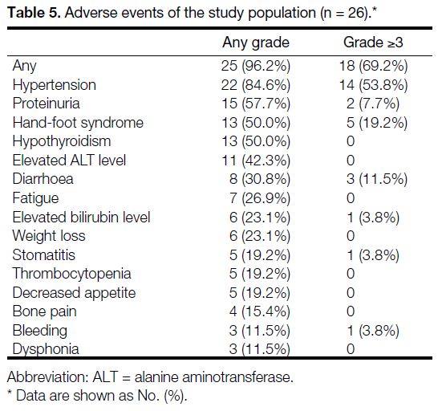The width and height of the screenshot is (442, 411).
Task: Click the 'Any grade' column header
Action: (256, 43)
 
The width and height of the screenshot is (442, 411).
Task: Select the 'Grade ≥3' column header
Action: (373, 43)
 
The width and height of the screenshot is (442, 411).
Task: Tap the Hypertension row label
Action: (54, 85)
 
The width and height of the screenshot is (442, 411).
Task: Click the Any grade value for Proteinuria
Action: (256, 104)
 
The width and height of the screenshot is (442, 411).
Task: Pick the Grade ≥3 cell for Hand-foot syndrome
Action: (377, 123)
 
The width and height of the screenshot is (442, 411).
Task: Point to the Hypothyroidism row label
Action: (62, 141)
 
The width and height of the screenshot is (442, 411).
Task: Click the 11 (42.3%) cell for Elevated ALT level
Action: (256, 161)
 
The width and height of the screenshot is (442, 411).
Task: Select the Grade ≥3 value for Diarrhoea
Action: (377, 179)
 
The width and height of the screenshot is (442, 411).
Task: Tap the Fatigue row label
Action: (35, 198)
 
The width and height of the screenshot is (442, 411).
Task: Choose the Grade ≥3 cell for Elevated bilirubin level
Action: (373, 218)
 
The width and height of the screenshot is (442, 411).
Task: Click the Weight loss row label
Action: (49, 236)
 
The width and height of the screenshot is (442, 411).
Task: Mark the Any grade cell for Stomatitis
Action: (260, 255)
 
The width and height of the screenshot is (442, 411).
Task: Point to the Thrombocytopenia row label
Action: (71, 274)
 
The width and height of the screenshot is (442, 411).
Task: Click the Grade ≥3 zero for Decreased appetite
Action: (351, 292)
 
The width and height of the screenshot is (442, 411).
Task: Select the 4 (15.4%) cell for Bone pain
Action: (260, 311)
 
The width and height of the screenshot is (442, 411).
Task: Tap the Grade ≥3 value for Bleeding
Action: (373, 330)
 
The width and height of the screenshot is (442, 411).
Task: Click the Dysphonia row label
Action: (46, 349)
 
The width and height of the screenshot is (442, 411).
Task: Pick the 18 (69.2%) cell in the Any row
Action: (373, 66)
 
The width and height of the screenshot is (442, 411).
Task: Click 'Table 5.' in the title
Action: (34, 13)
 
